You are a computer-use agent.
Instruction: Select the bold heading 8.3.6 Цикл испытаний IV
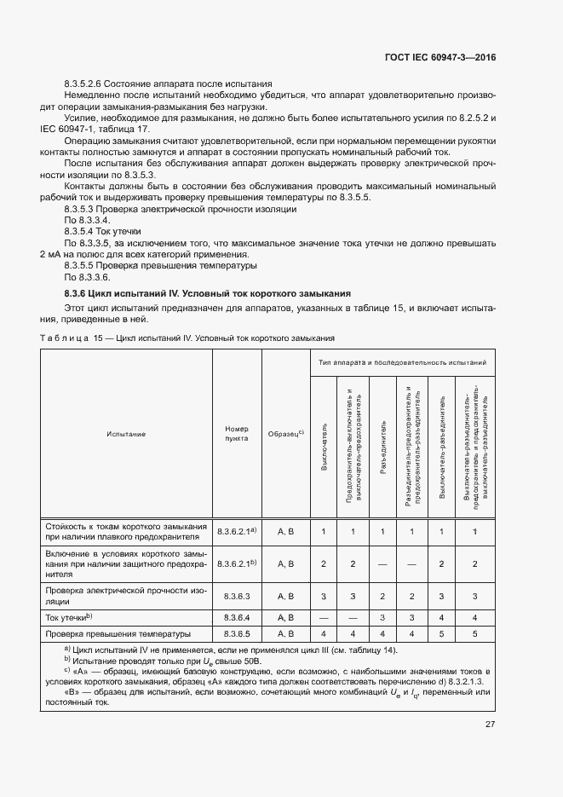(202, 293)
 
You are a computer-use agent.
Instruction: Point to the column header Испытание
(126, 434)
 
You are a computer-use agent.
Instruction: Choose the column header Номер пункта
(236, 434)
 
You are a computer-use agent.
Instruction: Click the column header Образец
(285, 434)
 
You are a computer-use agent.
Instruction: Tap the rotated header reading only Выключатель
(325, 444)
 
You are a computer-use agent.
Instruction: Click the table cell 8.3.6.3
(236, 596)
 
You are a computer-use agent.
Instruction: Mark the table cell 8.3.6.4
(236, 616)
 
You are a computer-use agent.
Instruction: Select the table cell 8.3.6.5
(236, 633)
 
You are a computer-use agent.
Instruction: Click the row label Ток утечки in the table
(68, 616)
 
